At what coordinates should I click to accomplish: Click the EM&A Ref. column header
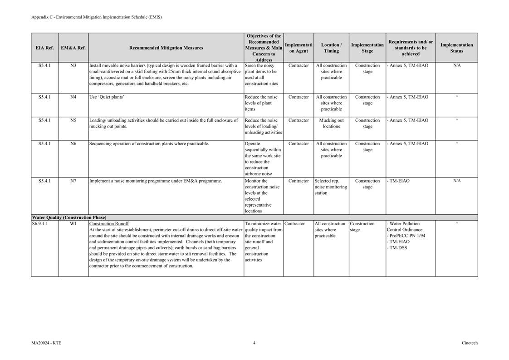73,48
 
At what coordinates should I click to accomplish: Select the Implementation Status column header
456,48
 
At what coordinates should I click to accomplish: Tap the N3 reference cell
73,65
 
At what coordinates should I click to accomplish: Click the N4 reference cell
73,97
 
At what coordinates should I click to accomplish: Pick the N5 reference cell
73,120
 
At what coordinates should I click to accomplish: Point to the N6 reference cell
73,143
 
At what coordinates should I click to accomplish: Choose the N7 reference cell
73,181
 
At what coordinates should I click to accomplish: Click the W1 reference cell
73,223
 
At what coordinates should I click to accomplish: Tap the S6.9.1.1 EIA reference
40,223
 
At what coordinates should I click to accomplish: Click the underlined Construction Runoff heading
109,223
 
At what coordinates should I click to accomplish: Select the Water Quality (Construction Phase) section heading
69,217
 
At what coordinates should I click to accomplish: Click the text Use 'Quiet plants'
107,97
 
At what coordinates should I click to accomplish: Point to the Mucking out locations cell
331,123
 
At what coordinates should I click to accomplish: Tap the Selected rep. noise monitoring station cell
331,187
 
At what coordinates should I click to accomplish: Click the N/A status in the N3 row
456,65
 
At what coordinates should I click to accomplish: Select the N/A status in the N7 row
456,181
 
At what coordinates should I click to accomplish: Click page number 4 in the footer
254,343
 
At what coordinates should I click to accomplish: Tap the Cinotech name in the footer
470,343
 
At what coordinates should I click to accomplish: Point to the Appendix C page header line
97,17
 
